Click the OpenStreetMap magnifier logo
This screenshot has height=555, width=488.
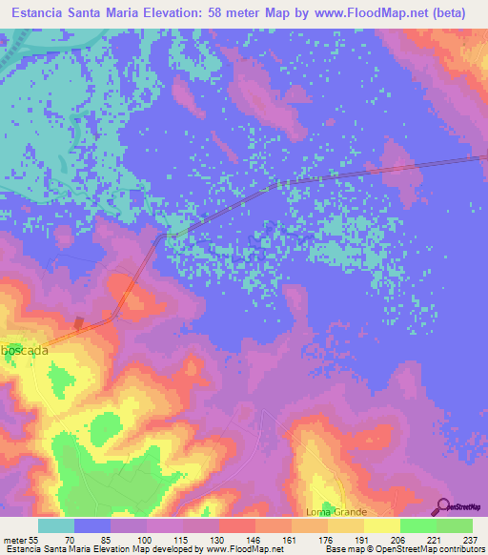(443, 507)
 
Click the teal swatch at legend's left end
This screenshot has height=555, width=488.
(56, 525)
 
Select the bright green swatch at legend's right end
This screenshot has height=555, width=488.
(454, 525)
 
